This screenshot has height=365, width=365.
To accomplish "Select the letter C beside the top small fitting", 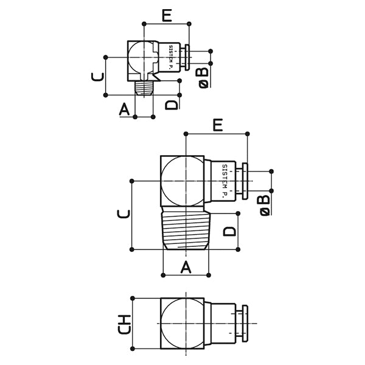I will pyautogui.click(x=96, y=77).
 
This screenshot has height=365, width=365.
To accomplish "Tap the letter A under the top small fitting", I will pyautogui.click(x=125, y=109).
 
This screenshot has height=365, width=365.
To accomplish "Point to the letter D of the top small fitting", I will pyautogui.click(x=173, y=102).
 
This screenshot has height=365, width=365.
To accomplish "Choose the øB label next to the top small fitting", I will pyautogui.click(x=204, y=77).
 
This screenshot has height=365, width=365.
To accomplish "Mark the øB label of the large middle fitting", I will pyautogui.click(x=264, y=204).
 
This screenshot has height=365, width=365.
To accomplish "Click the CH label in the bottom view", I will pyautogui.click(x=124, y=325).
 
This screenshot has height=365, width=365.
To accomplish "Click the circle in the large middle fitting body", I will pyautogui.click(x=183, y=180).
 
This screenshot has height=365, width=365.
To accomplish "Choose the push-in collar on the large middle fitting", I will pyautogui.click(x=246, y=181).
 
